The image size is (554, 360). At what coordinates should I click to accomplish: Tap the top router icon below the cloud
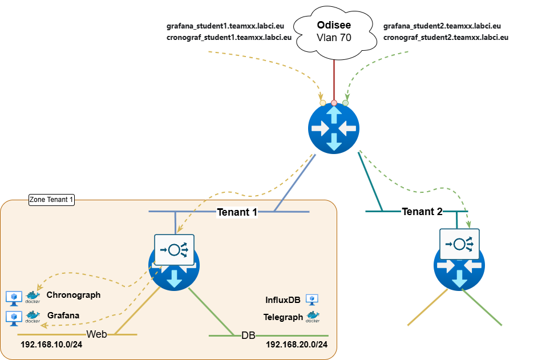pyautogui.click(x=334, y=128)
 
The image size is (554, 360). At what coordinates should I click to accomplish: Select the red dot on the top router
pyautogui.click(x=334, y=103)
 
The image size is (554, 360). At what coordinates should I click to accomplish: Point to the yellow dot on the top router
pyautogui.click(x=323, y=103)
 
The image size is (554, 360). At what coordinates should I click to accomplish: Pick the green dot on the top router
pyautogui.click(x=345, y=103)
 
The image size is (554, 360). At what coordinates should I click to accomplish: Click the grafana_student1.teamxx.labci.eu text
pyautogui.click(x=225, y=26)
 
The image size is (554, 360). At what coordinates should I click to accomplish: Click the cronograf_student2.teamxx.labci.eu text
pyautogui.click(x=446, y=38)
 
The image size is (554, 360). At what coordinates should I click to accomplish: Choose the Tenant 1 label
pyautogui.click(x=237, y=212)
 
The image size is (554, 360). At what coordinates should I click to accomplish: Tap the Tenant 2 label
pyautogui.click(x=422, y=212)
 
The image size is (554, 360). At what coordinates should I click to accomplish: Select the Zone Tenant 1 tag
pyautogui.click(x=52, y=200)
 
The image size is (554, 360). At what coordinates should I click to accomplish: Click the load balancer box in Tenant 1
pyautogui.click(x=174, y=249)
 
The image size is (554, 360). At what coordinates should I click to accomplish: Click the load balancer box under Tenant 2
pyautogui.click(x=459, y=244)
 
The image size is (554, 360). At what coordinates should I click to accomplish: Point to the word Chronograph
pyautogui.click(x=74, y=295)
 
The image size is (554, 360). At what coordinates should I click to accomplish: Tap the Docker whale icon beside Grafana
pyautogui.click(x=33, y=316)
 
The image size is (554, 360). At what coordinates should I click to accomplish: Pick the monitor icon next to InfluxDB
pyautogui.click(x=312, y=299)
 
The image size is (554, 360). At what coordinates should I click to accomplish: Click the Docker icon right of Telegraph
pyautogui.click(x=313, y=317)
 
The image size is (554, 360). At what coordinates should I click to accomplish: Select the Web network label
pyautogui.click(x=96, y=334)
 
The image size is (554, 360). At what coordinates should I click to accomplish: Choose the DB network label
pyautogui.click(x=248, y=335)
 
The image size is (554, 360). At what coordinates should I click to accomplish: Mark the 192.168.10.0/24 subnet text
pyautogui.click(x=51, y=345)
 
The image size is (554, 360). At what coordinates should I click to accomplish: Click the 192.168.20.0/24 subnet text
pyautogui.click(x=297, y=345)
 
